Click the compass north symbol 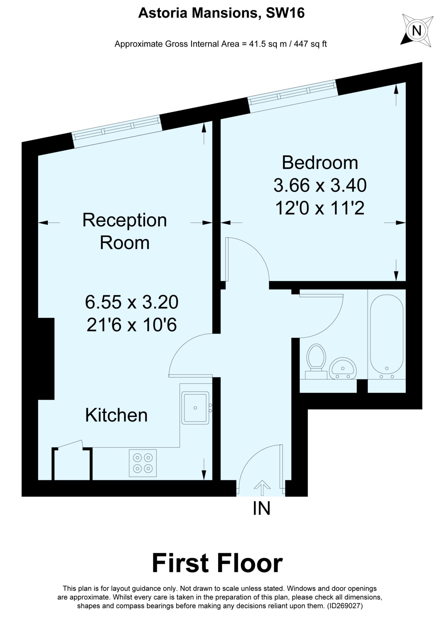[x=417, y=31]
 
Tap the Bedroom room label [x=320, y=163]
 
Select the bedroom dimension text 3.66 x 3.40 [x=320, y=185]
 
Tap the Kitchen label [x=116, y=415]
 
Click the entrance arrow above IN [x=262, y=487]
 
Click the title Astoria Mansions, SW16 [x=221, y=14]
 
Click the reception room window [x=117, y=132]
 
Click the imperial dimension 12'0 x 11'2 [x=320, y=208]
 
